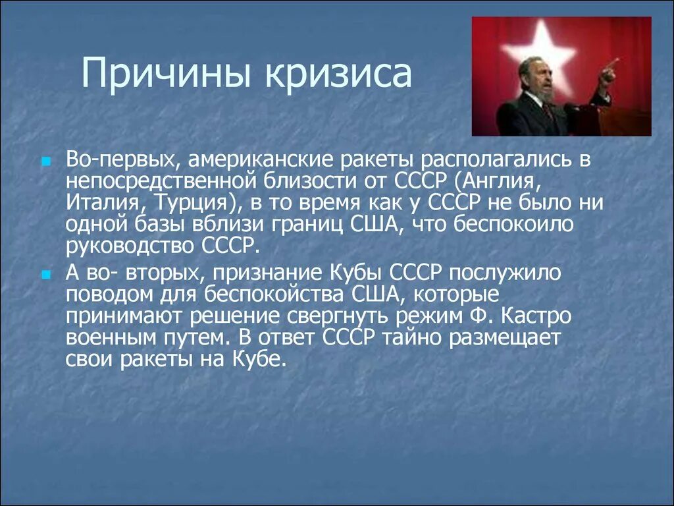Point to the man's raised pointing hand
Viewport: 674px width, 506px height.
pos(609,71)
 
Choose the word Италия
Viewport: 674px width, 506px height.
pos(103,202)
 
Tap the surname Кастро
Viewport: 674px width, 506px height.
pos(536,317)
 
